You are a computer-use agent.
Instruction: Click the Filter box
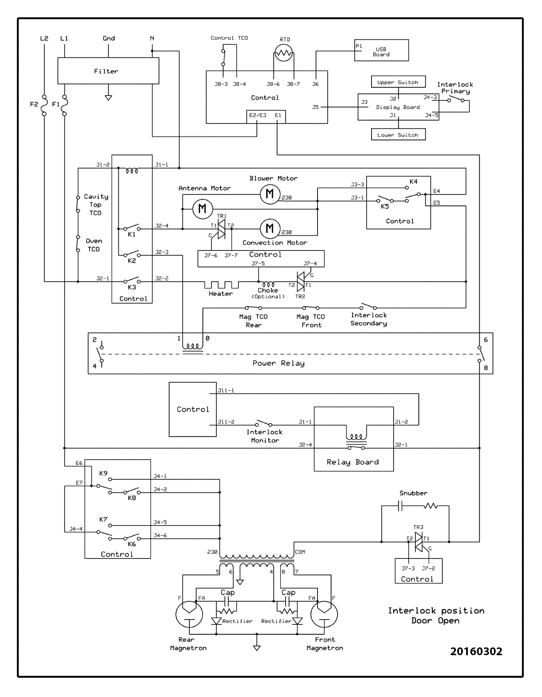pyautogui.click(x=108, y=71)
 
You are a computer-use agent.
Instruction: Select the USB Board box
pyautogui.click(x=381, y=50)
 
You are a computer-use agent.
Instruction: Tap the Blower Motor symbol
pyautogui.click(x=270, y=194)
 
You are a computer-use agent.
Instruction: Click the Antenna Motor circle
pyautogui.click(x=202, y=209)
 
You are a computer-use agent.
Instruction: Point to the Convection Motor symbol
pyautogui.click(x=270, y=228)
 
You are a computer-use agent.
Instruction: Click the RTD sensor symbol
pyautogui.click(x=283, y=53)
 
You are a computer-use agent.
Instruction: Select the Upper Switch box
pyautogui.click(x=398, y=82)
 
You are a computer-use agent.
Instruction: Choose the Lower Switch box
pyautogui.click(x=398, y=134)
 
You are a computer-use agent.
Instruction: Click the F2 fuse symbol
pyautogui.click(x=44, y=105)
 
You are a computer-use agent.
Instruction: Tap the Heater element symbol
pyautogui.click(x=221, y=285)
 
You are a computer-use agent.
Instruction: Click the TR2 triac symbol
pyautogui.click(x=301, y=281)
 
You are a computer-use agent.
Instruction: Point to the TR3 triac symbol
pyautogui.click(x=418, y=542)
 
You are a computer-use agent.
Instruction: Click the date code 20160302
pyautogui.click(x=476, y=651)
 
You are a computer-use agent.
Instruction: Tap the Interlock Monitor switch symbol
pyautogui.click(x=264, y=423)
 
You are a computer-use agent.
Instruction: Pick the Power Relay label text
pyautogui.click(x=278, y=363)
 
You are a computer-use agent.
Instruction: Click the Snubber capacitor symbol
pyautogui.click(x=401, y=506)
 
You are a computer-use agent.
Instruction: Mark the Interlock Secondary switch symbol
pyautogui.click(x=368, y=306)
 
